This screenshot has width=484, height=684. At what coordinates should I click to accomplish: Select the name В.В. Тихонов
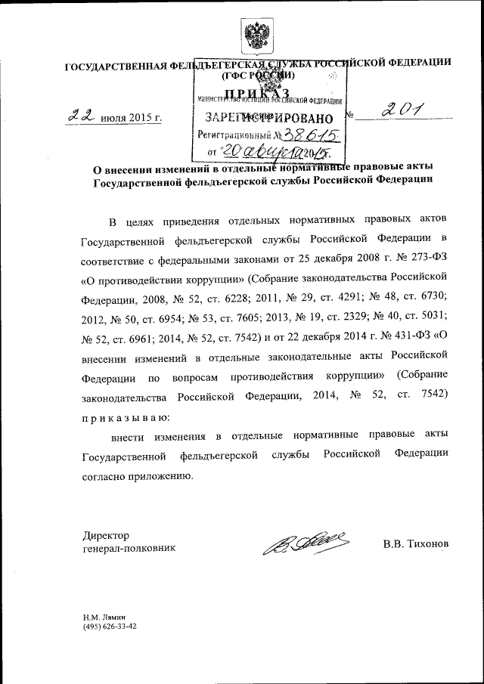415,544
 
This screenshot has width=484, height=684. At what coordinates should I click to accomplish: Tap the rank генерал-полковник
129,548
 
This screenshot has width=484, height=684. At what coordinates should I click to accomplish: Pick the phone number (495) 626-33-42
110,627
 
